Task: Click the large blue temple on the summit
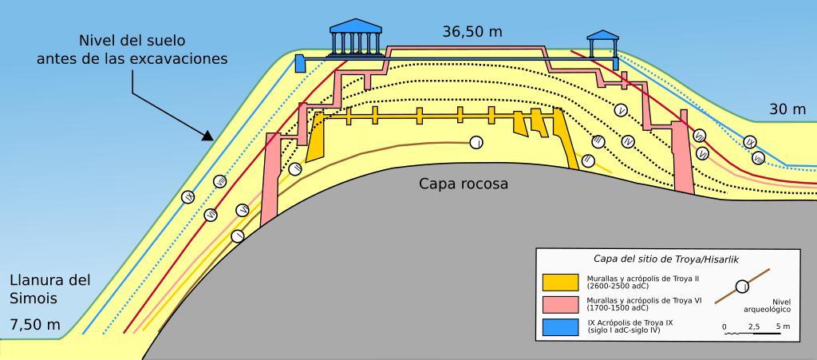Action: [x=357, y=38]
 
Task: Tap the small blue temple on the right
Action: [x=603, y=43]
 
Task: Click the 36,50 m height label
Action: [x=472, y=32]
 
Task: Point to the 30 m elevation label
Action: [x=787, y=109]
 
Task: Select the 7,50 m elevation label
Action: [x=35, y=325]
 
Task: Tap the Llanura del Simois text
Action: [x=49, y=289]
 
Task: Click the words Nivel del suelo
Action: [x=132, y=40]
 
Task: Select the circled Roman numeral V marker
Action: [x=622, y=110]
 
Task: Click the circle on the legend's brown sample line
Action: [x=742, y=286]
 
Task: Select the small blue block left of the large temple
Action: [x=300, y=64]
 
